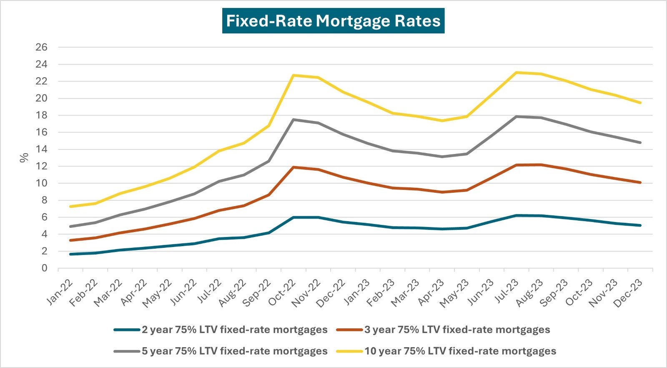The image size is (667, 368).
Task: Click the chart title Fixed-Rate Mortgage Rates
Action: [x=333, y=21]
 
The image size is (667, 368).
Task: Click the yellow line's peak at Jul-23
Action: [x=517, y=73]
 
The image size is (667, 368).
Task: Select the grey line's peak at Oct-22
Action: [x=293, y=120]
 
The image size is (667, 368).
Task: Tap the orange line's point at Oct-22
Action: [x=293, y=167]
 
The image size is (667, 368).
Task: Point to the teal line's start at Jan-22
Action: [x=70, y=254]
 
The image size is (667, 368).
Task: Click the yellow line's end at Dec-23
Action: [x=640, y=103]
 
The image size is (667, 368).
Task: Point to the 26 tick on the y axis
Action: [x=42, y=47]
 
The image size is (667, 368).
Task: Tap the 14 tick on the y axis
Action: [x=42, y=149]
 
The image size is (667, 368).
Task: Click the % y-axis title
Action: [x=24, y=158]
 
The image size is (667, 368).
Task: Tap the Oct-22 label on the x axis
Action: [x=283, y=293]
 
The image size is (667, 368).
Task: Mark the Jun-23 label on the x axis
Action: [x=481, y=293]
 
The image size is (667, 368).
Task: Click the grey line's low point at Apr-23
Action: [x=442, y=157]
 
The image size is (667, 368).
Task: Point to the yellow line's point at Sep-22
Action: [x=269, y=126]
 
